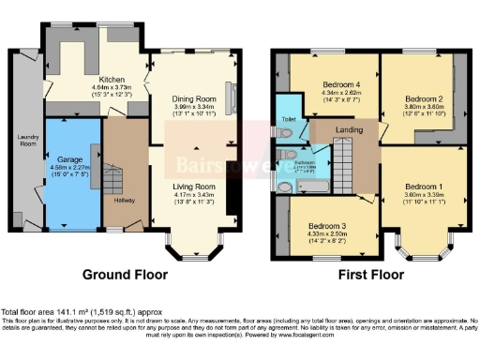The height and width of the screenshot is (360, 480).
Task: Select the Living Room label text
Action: (x=193, y=186)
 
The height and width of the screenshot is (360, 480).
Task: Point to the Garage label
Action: (x=70, y=161)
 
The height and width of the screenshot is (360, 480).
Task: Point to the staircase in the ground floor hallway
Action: (x=112, y=178)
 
